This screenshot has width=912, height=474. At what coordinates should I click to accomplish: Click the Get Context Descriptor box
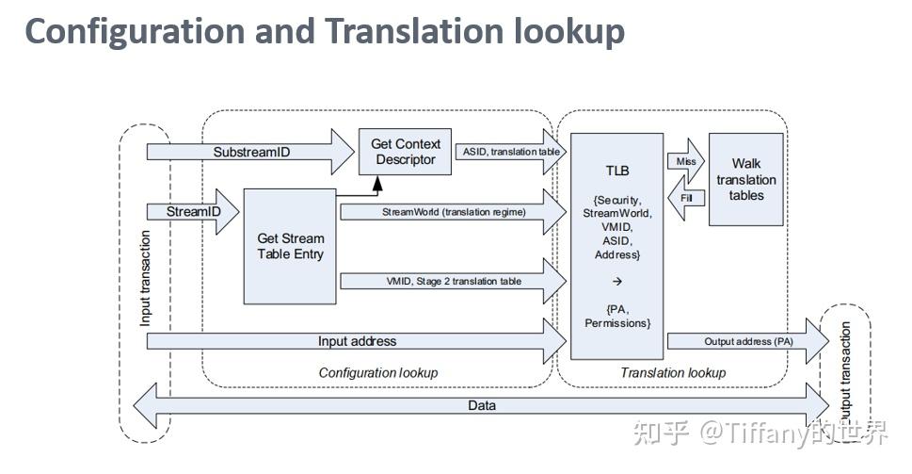[x=406, y=152]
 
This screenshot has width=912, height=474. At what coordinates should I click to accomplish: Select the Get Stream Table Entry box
[x=290, y=246]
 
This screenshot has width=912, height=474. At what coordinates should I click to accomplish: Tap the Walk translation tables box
[x=745, y=179]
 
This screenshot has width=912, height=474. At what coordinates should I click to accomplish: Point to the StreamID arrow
[x=193, y=212]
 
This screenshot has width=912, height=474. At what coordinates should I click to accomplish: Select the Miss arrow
[x=684, y=160]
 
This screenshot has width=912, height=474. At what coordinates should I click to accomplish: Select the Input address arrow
[x=357, y=341]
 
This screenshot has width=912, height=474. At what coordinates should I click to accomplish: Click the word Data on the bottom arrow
[x=481, y=405]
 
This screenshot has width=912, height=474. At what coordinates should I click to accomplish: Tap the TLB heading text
[x=617, y=172]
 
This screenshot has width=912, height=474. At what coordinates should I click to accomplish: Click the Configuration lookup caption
[x=377, y=372]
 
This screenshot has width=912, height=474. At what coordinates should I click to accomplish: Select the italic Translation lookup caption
[x=673, y=372]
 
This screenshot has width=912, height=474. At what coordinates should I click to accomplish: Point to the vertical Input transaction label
[x=146, y=279]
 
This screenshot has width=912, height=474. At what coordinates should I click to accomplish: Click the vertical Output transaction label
[x=845, y=372]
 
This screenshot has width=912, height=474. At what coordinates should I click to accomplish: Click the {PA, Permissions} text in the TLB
[x=617, y=316]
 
